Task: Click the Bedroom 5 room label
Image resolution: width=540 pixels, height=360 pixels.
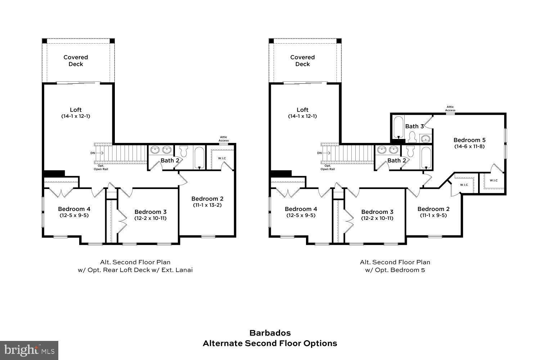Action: (x=467, y=140)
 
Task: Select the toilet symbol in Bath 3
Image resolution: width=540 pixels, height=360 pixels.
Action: (x=412, y=137)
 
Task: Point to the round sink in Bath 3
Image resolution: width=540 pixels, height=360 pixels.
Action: (x=426, y=138)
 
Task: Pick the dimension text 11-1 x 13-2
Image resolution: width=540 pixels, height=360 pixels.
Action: (x=207, y=205)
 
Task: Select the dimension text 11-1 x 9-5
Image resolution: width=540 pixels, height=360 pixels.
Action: (x=433, y=215)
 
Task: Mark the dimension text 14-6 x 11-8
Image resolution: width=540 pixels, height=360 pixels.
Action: (x=467, y=147)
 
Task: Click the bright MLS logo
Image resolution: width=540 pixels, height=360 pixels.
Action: (x=29, y=350)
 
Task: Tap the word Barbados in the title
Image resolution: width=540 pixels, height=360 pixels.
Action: (x=270, y=333)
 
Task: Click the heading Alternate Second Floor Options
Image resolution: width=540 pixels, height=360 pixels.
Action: (x=270, y=343)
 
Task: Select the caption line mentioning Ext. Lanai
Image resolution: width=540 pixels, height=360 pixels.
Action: (x=135, y=270)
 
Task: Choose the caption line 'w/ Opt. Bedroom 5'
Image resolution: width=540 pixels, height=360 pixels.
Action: (x=395, y=270)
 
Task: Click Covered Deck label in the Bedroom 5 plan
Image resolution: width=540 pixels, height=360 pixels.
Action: (x=302, y=60)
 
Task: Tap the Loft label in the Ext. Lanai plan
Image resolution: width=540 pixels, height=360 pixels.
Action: (x=76, y=110)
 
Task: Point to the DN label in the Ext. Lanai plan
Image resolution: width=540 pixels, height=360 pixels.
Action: (x=93, y=153)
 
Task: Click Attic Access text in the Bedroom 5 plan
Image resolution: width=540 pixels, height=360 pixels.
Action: (x=450, y=108)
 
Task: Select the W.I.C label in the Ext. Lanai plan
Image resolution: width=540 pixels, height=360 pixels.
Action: (x=222, y=158)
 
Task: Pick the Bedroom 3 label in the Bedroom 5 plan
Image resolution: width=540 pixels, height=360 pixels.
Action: (x=377, y=212)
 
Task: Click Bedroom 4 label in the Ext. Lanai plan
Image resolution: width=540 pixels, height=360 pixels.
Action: (x=74, y=209)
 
